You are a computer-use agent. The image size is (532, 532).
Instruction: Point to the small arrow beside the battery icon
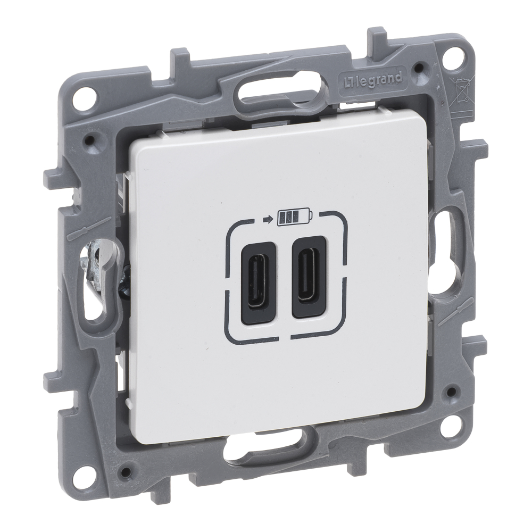[268, 219]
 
